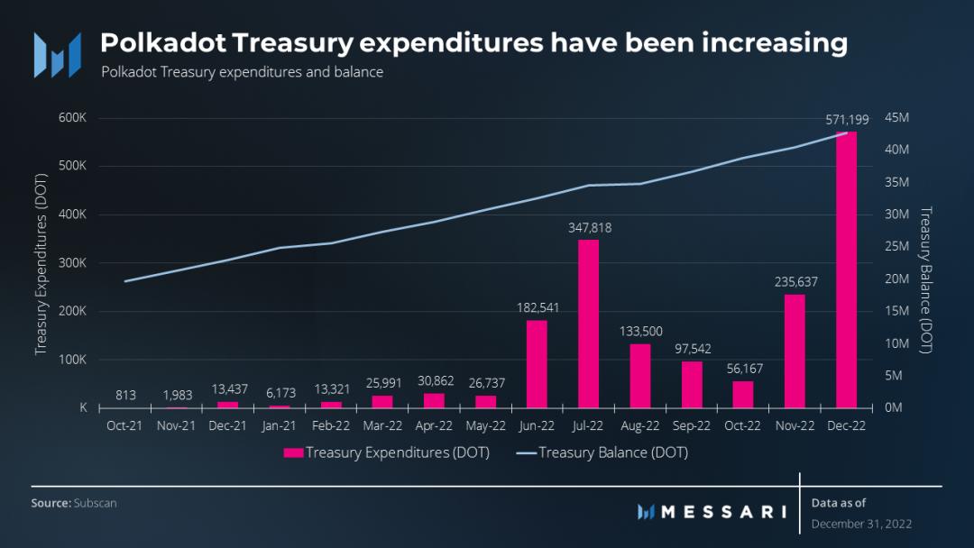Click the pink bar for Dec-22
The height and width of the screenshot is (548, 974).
click(x=846, y=270)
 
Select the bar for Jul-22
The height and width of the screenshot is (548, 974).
click(x=588, y=324)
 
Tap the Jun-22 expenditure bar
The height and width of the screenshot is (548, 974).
click(x=537, y=364)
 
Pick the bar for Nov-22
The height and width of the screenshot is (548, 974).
click(x=795, y=351)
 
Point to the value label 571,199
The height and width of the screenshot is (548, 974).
click(x=846, y=120)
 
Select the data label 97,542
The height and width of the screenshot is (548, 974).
click(x=692, y=348)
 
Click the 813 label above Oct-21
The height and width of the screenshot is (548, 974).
click(x=124, y=394)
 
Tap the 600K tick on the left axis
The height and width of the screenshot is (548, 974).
click(x=71, y=118)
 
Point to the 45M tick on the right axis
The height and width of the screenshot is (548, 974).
click(x=896, y=118)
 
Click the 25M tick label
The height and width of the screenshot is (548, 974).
click(x=896, y=247)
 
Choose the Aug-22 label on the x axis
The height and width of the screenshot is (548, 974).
click(x=640, y=425)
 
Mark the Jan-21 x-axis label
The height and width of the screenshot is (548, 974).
click(x=280, y=425)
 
